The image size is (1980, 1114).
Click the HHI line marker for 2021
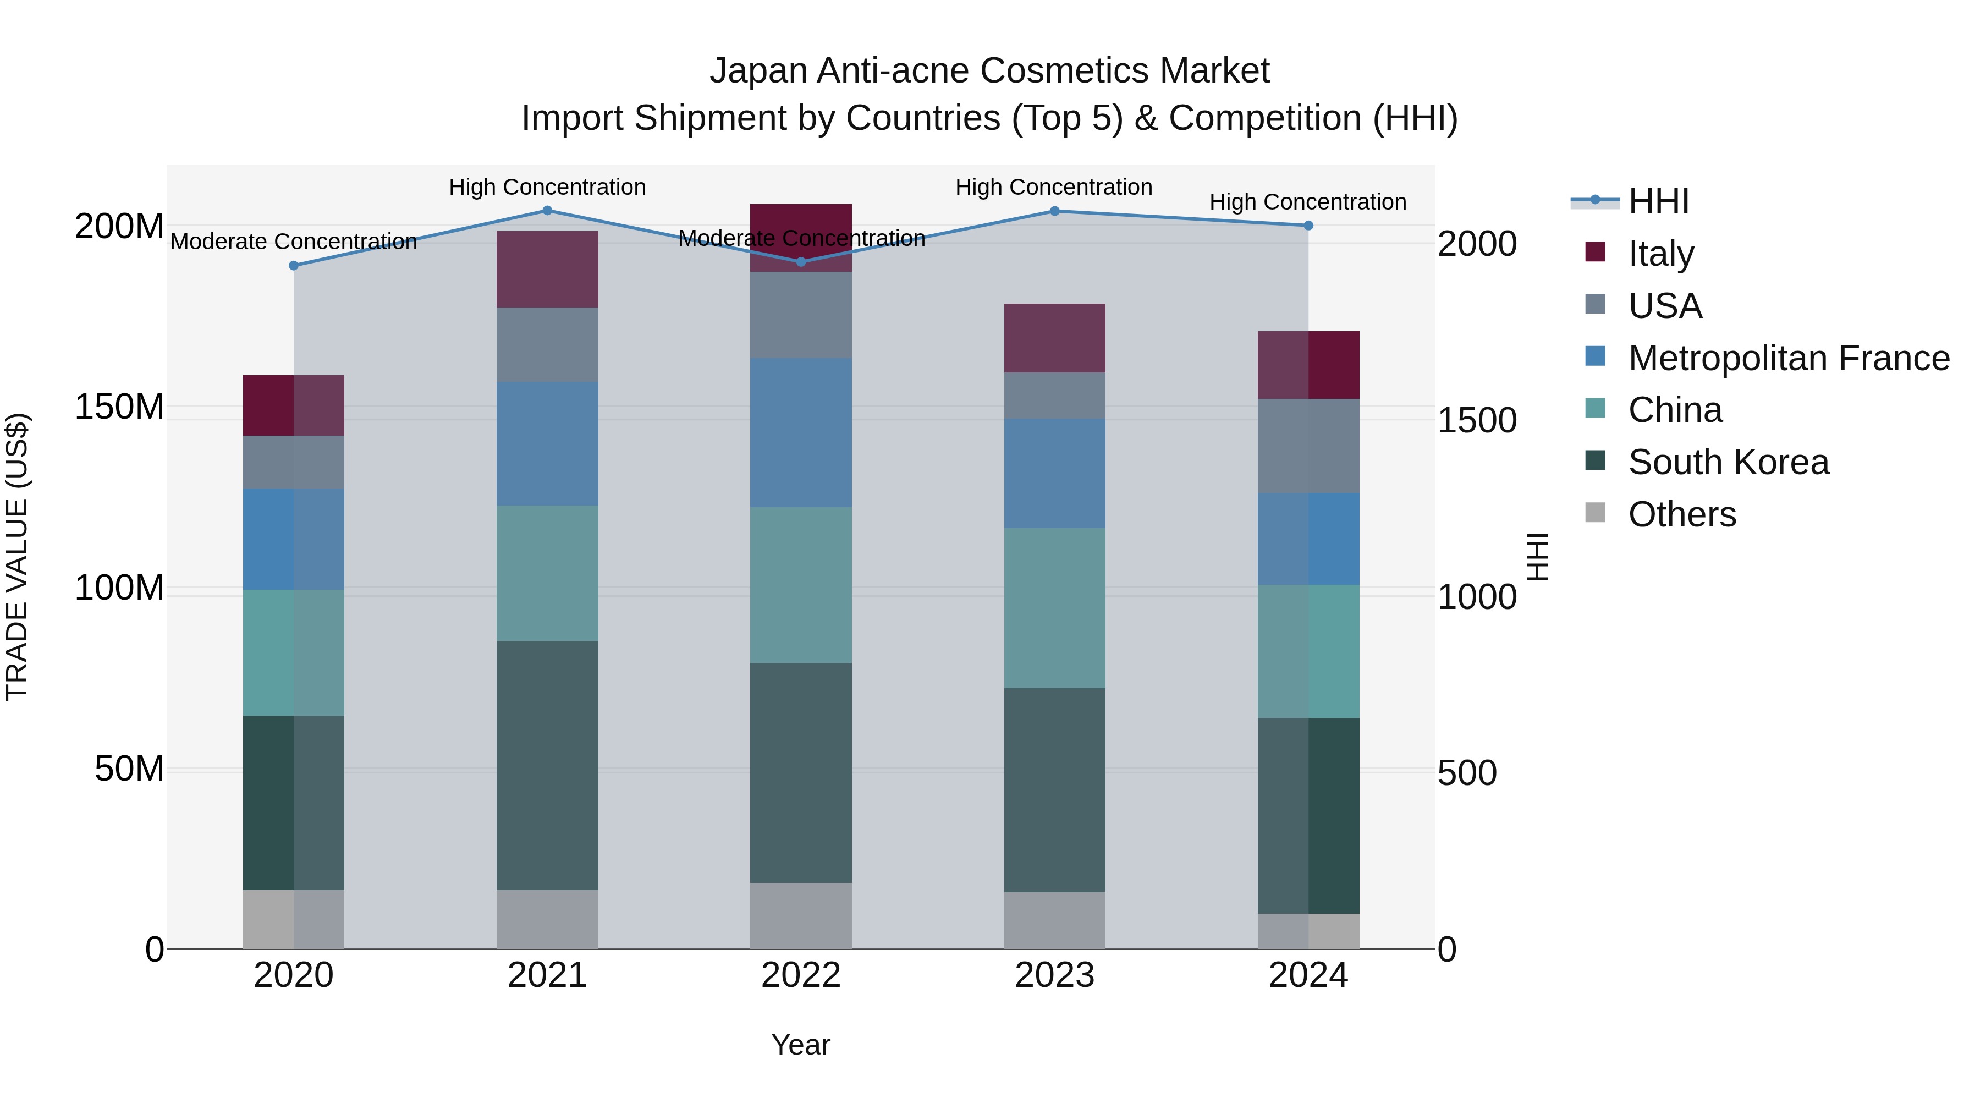point(547,210)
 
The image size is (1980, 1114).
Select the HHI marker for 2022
point(801,261)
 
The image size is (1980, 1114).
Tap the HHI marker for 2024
point(1308,225)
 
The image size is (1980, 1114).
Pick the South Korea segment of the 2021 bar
point(547,765)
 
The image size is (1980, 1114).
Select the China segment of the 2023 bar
point(1054,607)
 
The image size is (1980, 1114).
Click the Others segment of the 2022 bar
point(801,915)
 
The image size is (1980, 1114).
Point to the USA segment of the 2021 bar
point(547,344)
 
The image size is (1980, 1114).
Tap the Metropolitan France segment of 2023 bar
point(1054,473)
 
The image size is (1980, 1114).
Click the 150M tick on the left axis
point(119,407)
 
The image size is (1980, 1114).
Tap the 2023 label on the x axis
point(1054,975)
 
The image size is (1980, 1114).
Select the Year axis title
point(801,1045)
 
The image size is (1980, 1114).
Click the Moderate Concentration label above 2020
point(294,242)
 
